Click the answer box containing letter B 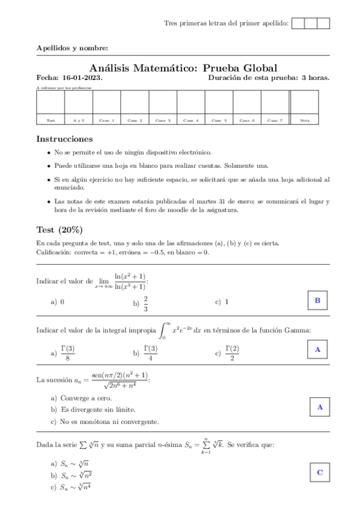tap(317, 301)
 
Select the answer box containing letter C tap(320, 472)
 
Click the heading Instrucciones tap(65, 138)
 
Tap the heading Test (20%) tap(59, 230)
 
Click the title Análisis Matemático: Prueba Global tap(183, 68)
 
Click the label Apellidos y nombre tap(72, 48)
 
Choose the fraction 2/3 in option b tap(146, 304)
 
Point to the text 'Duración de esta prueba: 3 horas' tap(269, 78)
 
